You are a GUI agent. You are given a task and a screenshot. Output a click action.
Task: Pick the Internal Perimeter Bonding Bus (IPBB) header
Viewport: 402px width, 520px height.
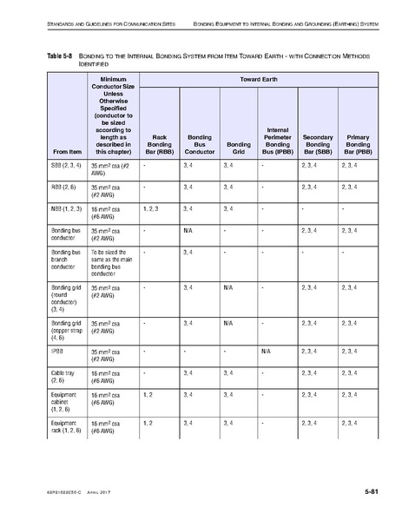(278, 139)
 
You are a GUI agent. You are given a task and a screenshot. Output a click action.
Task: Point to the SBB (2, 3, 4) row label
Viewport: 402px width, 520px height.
(66, 163)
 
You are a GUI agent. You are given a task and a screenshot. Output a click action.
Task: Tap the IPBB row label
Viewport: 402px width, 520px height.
(57, 351)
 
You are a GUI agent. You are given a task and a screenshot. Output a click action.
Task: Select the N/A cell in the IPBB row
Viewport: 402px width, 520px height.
(266, 351)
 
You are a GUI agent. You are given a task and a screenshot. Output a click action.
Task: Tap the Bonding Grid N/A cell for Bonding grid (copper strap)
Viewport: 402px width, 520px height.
(228, 323)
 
